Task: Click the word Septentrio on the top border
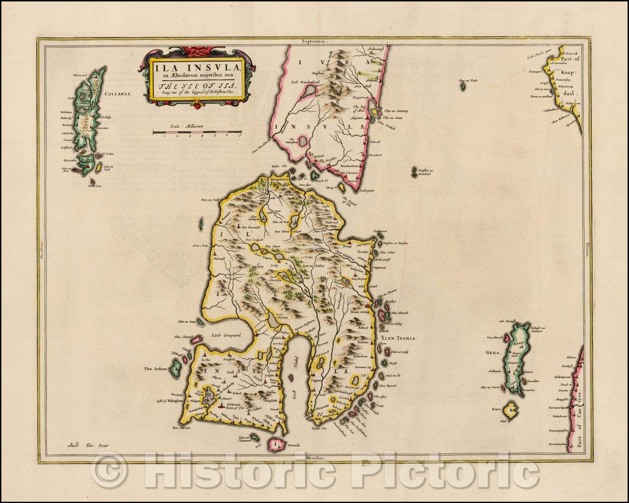tap(315, 41)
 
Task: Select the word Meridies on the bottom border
tap(314, 458)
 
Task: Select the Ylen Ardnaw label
tap(156, 369)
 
